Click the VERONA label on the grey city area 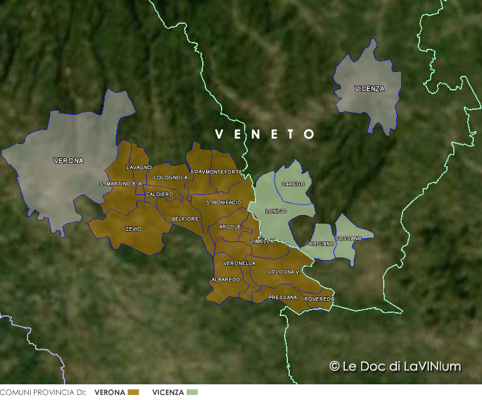pos(68,161)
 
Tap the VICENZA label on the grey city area pos(369,88)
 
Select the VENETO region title pos(265,134)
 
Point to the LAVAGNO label pos(139,167)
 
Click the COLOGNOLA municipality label pos(170,177)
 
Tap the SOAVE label pos(197,171)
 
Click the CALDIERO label pos(159,194)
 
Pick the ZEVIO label pos(133,229)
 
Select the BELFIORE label pos(185,219)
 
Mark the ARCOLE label pos(230,226)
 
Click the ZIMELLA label pos(262,241)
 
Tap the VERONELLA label pos(239,263)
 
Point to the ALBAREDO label pos(226,279)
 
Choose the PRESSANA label pos(282,297)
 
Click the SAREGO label pos(293,184)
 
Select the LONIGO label pos(275,211)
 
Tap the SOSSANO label pos(348,238)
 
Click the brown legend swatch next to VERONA pos(133,392)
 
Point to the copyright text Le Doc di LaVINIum pos(395,366)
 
